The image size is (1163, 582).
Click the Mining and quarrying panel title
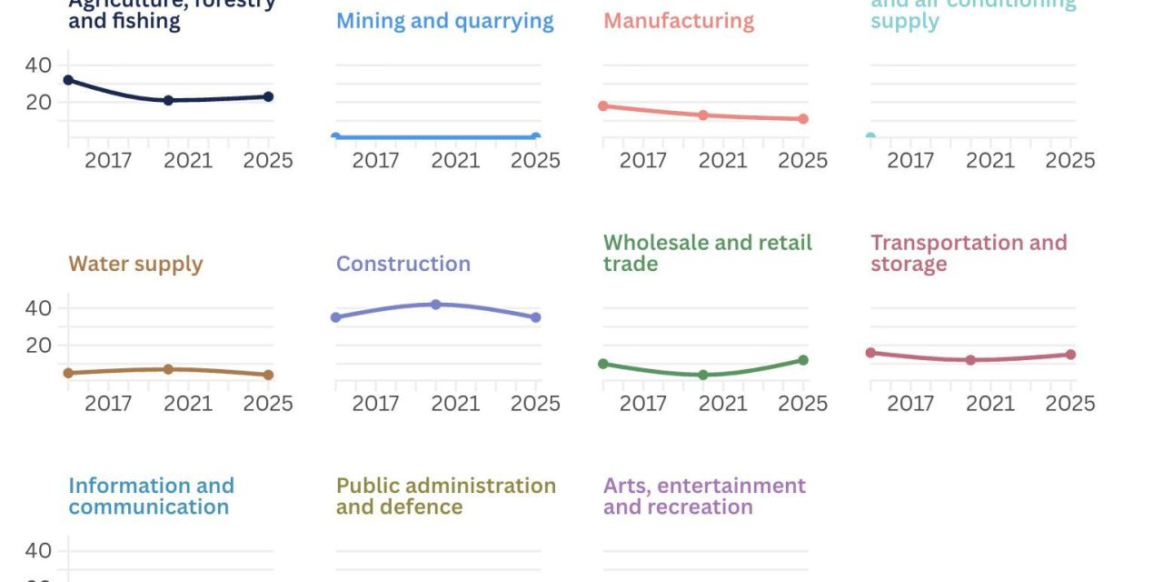pyautogui.click(x=444, y=21)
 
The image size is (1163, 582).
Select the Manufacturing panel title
pyautogui.click(x=678, y=21)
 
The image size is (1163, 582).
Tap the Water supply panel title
pyautogui.click(x=135, y=265)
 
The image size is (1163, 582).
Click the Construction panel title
pyautogui.click(x=403, y=265)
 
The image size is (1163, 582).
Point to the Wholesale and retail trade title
pyautogui.click(x=707, y=254)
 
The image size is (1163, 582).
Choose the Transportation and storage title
pyautogui.click(x=968, y=254)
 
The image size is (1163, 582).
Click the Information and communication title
pyautogui.click(x=151, y=497)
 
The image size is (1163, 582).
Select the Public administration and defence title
pyautogui.click(x=445, y=497)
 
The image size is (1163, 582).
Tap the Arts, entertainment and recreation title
pyautogui.click(x=704, y=497)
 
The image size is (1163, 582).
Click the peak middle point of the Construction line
pyautogui.click(x=436, y=305)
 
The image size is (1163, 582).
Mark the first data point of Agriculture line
pyautogui.click(x=68, y=80)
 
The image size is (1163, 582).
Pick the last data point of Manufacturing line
pyautogui.click(x=803, y=119)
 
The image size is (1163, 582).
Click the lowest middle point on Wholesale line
pyautogui.click(x=703, y=375)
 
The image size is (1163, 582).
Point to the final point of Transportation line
pyautogui.click(x=1070, y=355)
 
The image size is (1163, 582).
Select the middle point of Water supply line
pyautogui.click(x=168, y=369)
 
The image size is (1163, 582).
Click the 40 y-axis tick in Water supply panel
pyautogui.click(x=38, y=308)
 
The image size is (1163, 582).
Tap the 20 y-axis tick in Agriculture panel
pyautogui.click(x=38, y=102)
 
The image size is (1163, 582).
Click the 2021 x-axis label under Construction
pyautogui.click(x=455, y=404)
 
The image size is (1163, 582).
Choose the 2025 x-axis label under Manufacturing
pyautogui.click(x=802, y=161)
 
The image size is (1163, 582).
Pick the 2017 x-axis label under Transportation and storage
pyautogui.click(x=910, y=404)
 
